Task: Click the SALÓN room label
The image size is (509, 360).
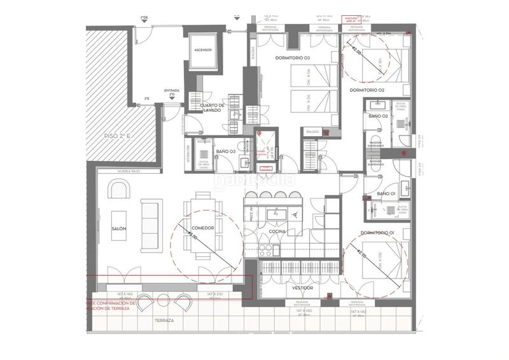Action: click(118, 228)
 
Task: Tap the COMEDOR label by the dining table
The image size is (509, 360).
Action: click(202, 228)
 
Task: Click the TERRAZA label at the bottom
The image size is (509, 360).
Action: click(164, 321)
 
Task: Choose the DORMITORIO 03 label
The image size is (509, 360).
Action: click(293, 59)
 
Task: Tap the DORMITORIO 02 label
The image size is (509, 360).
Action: click(367, 90)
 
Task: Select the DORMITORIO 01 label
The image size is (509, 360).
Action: click(377, 233)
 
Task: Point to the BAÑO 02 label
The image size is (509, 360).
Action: click(378, 116)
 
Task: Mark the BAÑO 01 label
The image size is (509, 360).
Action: click(386, 193)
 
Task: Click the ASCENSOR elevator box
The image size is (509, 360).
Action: click(203, 50)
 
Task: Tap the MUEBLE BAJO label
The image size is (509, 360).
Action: click(128, 172)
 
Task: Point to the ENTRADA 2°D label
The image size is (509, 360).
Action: click(172, 92)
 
